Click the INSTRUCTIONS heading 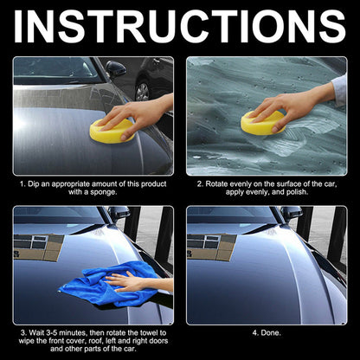179,27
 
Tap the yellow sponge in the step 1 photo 112,132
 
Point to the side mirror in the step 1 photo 115,69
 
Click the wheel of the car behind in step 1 142,92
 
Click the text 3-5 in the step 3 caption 52,333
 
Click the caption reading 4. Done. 267,333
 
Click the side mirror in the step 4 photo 292,213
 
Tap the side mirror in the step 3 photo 119,213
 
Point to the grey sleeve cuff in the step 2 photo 340,89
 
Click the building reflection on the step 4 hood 211,247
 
